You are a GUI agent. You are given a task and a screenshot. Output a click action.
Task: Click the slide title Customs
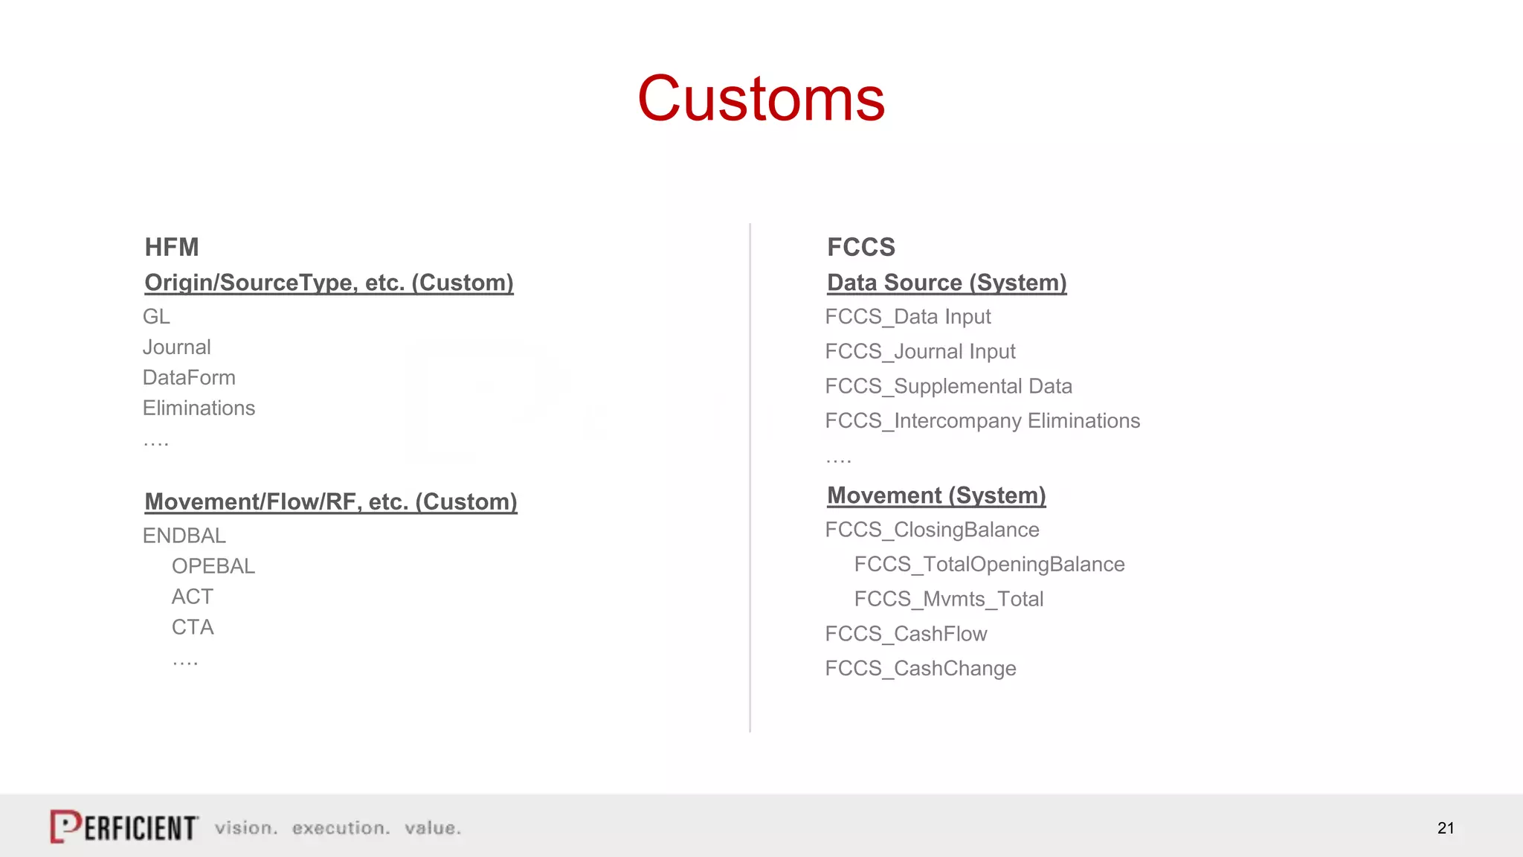pyautogui.click(x=761, y=99)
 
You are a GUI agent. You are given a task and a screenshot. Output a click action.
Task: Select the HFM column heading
pyautogui.click(x=172, y=247)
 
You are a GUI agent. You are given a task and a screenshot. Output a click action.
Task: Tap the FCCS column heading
pyautogui.click(x=861, y=247)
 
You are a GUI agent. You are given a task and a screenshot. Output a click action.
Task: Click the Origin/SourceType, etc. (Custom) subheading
pyautogui.click(x=329, y=283)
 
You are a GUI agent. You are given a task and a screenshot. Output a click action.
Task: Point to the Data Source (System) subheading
pyautogui.click(x=947, y=283)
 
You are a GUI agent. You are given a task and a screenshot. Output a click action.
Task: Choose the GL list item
pyautogui.click(x=156, y=317)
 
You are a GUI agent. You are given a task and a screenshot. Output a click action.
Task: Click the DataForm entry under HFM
pyautogui.click(x=189, y=378)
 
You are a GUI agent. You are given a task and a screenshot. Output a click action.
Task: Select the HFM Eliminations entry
pyautogui.click(x=199, y=408)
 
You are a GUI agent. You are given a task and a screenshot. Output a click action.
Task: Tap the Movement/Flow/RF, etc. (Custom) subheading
pyautogui.click(x=331, y=502)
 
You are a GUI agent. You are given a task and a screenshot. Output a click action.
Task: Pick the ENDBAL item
pyautogui.click(x=184, y=536)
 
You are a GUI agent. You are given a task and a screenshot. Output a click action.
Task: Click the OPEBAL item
pyautogui.click(x=213, y=566)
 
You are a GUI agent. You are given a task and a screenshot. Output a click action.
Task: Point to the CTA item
pyautogui.click(x=193, y=627)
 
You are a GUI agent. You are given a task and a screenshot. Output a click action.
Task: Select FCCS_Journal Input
pyautogui.click(x=920, y=351)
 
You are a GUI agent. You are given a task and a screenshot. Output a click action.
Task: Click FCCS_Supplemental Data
pyautogui.click(x=948, y=386)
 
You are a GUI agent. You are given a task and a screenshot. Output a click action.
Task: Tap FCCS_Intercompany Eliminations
pyautogui.click(x=982, y=421)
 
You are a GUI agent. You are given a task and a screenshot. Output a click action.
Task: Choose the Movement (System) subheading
pyautogui.click(x=936, y=495)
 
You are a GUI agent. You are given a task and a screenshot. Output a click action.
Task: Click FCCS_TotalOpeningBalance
pyautogui.click(x=989, y=565)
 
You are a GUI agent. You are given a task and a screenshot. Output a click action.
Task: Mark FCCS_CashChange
pyautogui.click(x=921, y=668)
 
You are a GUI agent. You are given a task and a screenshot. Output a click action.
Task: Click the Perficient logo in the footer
pyautogui.click(x=124, y=827)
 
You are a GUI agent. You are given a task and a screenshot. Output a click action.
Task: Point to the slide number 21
pyautogui.click(x=1446, y=828)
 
